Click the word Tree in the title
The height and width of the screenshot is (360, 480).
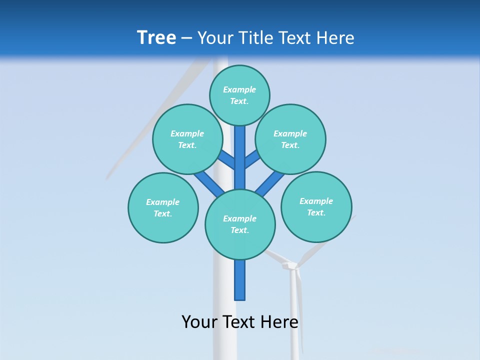pos(156,37)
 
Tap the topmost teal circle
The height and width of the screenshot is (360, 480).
pos(239,95)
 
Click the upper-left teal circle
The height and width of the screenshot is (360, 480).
pos(187,139)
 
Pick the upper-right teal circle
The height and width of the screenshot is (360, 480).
pos(290,139)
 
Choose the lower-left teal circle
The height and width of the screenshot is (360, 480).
pos(163,207)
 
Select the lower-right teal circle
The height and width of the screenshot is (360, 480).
pos(316,206)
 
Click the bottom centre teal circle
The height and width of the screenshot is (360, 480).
pos(240,224)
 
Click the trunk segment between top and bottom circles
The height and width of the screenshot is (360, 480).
pos(240,157)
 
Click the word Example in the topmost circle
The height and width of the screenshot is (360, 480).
pos(239,89)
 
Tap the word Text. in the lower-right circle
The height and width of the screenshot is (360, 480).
pos(316,212)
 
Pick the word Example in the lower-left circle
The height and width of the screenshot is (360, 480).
pos(163,202)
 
